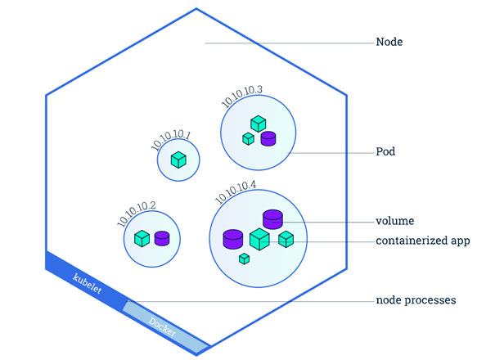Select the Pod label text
[x=386, y=153]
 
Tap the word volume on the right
[x=394, y=221]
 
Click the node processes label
[x=416, y=301]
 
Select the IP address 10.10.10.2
[x=137, y=209]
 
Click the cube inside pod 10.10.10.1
[x=178, y=160]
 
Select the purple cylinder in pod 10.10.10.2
[x=162, y=238]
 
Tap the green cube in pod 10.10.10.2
[x=142, y=238]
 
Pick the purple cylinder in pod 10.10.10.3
[x=268, y=138]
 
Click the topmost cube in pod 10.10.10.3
[x=258, y=124]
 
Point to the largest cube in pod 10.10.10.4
[x=259, y=239]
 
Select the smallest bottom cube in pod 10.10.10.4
[x=244, y=259]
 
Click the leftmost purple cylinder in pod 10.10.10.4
[x=233, y=239]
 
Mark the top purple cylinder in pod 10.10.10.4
[x=272, y=218]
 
